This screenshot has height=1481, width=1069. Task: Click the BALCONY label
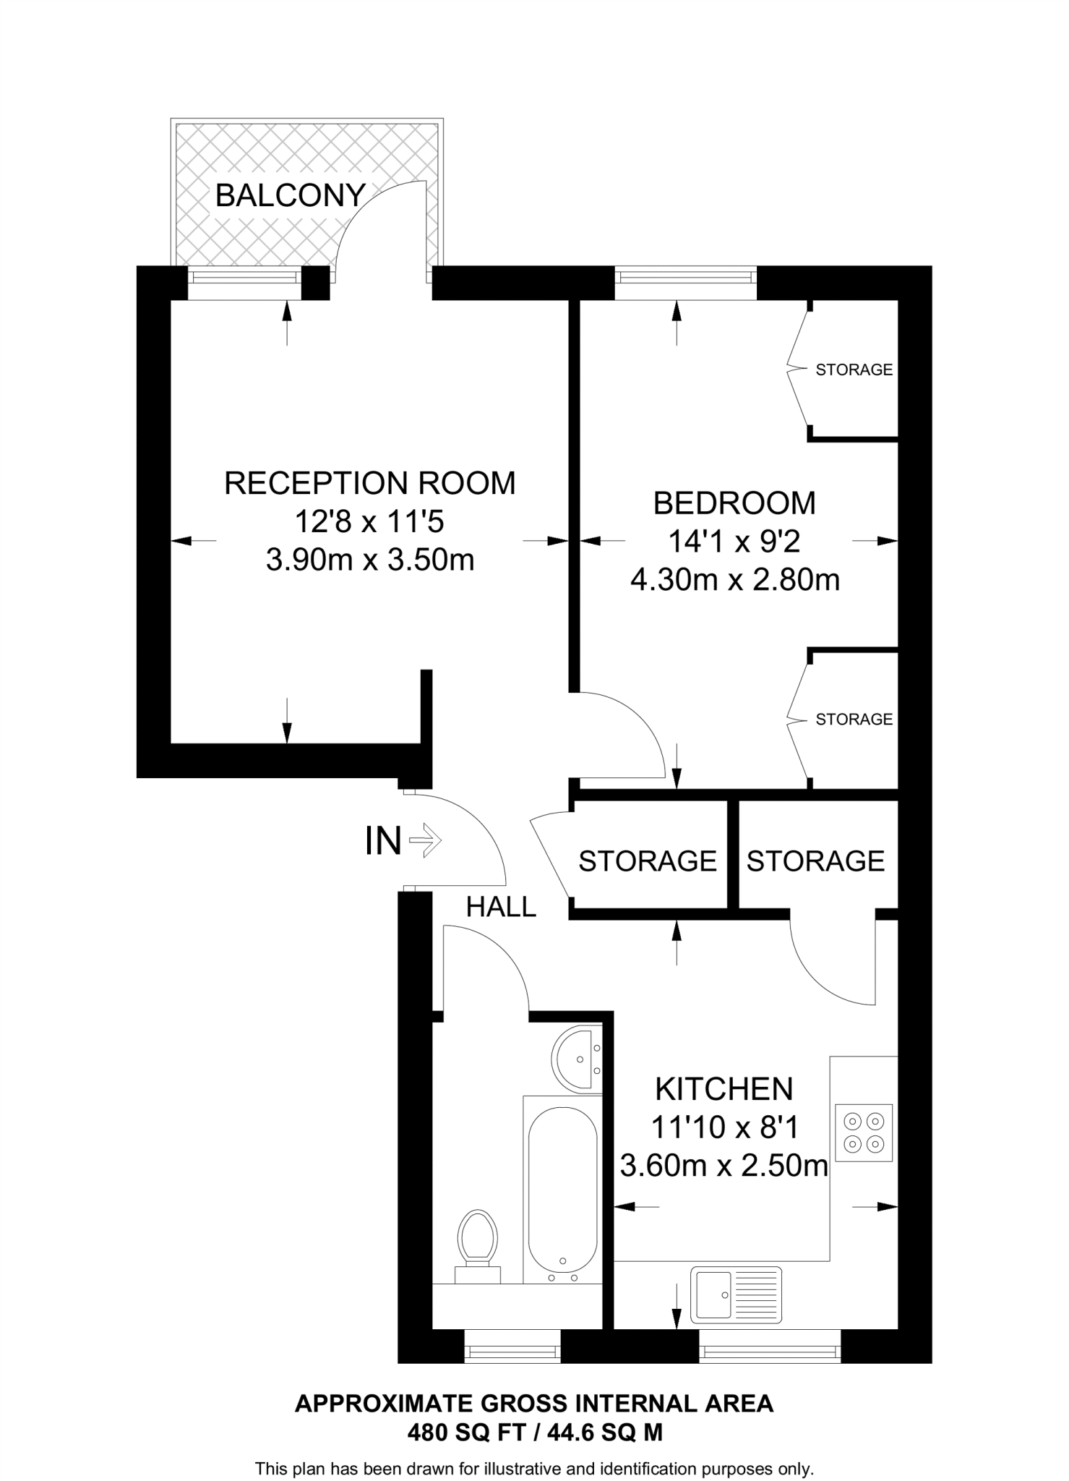pos(290,195)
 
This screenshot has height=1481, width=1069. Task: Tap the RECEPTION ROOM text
pos(370,483)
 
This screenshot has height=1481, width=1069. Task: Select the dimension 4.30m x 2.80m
pos(734,580)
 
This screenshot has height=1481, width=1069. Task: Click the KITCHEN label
pos(724,1088)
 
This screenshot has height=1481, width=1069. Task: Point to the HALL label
pos(501,907)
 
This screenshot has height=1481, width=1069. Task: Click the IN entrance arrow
pos(426,840)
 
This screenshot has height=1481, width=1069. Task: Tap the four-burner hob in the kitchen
pos(864,1133)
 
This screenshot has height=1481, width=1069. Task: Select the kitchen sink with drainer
pos(736,1294)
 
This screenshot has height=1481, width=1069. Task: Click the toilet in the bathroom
pos(478,1239)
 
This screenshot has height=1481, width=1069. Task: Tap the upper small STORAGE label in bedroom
pos(854,370)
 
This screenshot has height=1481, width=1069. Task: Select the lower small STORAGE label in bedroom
pos(854,719)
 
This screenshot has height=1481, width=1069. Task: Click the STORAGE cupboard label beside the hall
pos(648,861)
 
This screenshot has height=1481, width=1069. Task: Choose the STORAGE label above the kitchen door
pos(815,861)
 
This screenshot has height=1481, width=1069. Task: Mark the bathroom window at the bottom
pos(512,1346)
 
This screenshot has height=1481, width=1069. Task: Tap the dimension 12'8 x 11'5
pos(370,521)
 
